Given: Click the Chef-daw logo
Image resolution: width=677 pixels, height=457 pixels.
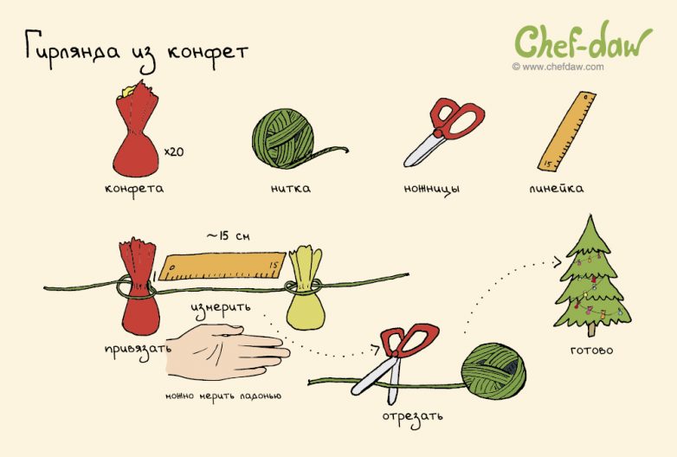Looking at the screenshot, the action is (x=583, y=42).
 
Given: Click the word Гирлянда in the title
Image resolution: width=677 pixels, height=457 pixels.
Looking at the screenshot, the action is (x=72, y=48).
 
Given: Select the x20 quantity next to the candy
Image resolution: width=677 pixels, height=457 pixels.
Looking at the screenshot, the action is (x=174, y=151).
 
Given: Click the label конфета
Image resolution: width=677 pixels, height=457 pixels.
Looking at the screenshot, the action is (x=134, y=189).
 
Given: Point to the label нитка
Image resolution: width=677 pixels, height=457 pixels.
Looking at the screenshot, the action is (x=290, y=188).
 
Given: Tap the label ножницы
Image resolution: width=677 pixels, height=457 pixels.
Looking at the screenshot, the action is (x=432, y=189).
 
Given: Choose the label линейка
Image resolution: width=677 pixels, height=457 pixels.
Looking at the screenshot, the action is (x=556, y=188).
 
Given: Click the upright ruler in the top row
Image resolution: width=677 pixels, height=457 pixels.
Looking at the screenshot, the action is (x=566, y=131).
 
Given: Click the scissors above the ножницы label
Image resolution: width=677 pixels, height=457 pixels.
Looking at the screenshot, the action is (x=443, y=132).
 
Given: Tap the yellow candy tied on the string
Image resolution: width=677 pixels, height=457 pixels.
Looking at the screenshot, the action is (x=306, y=288).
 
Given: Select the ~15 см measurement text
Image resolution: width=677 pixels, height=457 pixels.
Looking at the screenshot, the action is (x=228, y=236).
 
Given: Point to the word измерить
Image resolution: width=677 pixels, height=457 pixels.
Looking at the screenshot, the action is (x=221, y=308).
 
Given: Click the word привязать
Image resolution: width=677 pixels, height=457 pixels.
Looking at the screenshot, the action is (x=139, y=349).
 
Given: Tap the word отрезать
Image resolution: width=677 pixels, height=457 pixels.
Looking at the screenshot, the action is (x=412, y=417).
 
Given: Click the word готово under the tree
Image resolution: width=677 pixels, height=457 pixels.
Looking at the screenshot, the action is (x=591, y=350).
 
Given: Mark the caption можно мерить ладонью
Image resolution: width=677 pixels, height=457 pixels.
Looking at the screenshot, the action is (x=223, y=396).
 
